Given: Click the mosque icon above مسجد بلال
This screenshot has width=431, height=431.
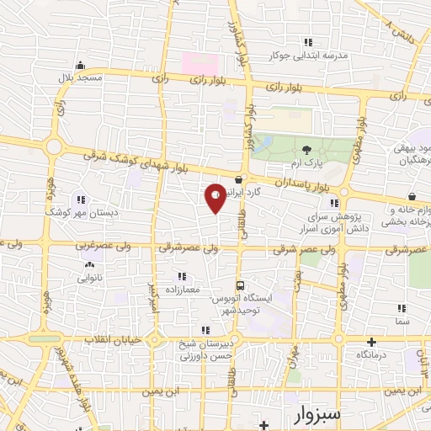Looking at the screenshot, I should (x=80, y=65).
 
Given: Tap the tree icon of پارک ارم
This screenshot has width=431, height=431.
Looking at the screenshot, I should (x=305, y=149).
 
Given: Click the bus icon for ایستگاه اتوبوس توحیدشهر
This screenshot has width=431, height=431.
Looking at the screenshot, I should (x=242, y=285).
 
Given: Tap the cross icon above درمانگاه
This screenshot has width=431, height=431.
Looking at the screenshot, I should (x=370, y=342).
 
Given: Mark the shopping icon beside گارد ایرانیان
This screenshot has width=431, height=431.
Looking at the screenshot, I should (x=241, y=179).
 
